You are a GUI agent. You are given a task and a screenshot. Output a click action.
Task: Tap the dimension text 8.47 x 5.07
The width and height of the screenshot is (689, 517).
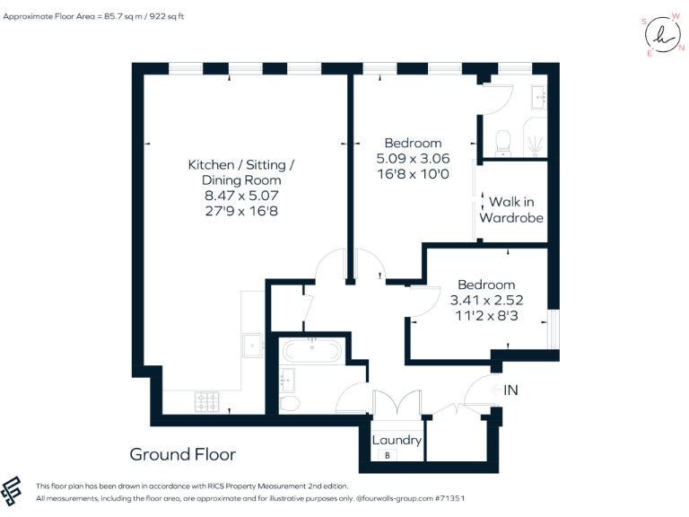pyautogui.click(x=240, y=196)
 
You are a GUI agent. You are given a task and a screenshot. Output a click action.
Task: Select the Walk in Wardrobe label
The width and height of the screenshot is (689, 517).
pyautogui.click(x=511, y=210)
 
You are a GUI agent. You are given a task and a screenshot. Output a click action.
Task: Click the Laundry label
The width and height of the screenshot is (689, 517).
pyautogui.click(x=397, y=440)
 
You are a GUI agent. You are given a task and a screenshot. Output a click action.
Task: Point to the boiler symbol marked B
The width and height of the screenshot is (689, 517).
pyautogui.click(x=388, y=456)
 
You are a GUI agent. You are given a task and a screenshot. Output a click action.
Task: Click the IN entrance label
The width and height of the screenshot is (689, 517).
pyautogui.click(x=510, y=390)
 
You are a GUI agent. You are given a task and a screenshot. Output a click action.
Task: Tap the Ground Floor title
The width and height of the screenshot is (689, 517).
pyautogui.click(x=183, y=454)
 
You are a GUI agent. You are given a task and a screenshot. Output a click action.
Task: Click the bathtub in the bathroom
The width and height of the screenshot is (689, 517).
pyautogui.click(x=311, y=349)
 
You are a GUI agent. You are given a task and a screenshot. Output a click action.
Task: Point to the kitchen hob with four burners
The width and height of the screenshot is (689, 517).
pyautogui.click(x=208, y=399)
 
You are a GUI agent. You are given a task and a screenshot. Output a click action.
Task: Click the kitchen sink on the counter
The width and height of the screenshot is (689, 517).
pyautogui.click(x=252, y=344)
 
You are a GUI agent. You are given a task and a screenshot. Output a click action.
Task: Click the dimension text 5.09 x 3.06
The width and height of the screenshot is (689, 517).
pyautogui.click(x=413, y=158)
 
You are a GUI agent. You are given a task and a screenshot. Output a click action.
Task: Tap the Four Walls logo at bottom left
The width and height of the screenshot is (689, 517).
pyautogui.click(x=13, y=490)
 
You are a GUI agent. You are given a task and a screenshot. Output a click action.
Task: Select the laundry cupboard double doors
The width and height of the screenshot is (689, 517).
pyautogui.click(x=396, y=407)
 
